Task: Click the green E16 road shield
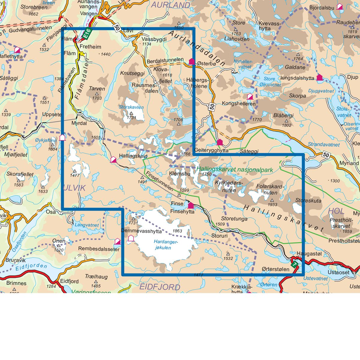(87, 33)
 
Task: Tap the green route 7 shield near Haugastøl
(295, 265)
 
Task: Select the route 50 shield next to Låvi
(117, 28)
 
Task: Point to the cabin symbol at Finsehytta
(191, 205)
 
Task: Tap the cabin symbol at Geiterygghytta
(220, 142)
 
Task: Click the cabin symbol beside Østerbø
(191, 61)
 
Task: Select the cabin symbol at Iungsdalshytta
(319, 77)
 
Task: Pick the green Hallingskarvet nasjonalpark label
(235, 170)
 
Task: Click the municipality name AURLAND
(170, 5)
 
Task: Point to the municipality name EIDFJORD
(160, 287)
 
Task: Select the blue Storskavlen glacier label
(131, 107)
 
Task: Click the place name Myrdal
(79, 123)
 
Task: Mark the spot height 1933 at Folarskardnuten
(272, 205)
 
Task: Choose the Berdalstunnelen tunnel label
(165, 60)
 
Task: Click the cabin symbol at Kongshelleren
(250, 97)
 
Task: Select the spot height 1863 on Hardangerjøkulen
(177, 231)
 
